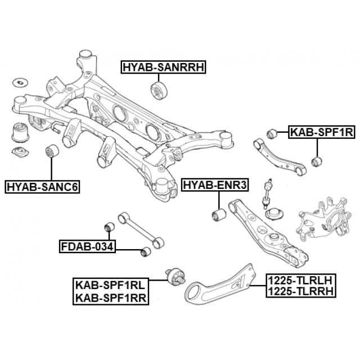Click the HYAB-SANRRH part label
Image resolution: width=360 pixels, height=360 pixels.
164,68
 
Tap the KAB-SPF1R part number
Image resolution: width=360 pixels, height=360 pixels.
321,133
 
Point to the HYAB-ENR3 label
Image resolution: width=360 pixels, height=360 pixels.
215,184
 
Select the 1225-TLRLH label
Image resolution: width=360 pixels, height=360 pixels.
300,280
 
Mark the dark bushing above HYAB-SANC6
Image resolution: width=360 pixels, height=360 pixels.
52,151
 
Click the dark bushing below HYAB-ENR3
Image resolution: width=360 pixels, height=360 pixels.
218,214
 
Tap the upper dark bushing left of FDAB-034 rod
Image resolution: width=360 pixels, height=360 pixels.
111,227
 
